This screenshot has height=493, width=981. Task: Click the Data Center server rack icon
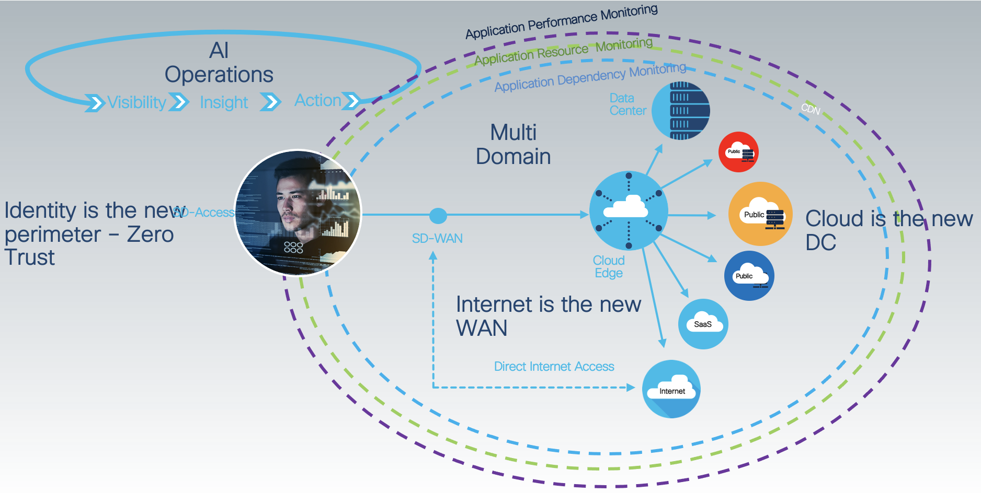pos(680,110)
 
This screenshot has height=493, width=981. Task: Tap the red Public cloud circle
pos(738,152)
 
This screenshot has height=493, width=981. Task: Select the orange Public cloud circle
pos(760,214)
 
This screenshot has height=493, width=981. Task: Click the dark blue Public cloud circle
pos(749,276)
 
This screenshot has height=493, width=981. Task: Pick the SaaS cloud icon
pos(703,324)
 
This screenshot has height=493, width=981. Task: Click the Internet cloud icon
pos(671,389)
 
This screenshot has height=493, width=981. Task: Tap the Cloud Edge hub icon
pos(629,210)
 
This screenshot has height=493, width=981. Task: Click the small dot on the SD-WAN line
pos(438,215)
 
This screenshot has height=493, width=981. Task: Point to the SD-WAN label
pos(437,239)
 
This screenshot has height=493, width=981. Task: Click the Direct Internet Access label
pos(554,367)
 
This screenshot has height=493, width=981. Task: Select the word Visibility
pos(136,102)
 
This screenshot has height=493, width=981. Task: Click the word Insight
pos(224,102)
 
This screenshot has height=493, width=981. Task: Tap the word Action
pos(317,100)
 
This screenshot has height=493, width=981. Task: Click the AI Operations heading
pos(219,63)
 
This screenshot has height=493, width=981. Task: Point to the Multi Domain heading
pos(513,145)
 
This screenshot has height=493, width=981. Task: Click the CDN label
pos(811,109)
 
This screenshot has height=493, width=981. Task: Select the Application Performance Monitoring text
pos(562,22)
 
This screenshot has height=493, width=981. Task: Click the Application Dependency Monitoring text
pos(590,78)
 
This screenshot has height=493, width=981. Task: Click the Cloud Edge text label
pos(609,267)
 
